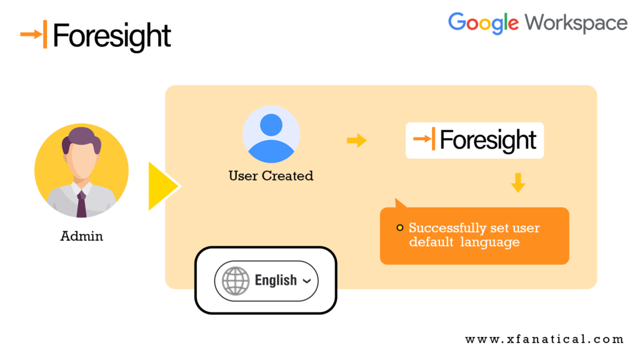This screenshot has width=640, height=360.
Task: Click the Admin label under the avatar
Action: (x=81, y=236)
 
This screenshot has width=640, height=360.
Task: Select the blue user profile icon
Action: (x=271, y=135)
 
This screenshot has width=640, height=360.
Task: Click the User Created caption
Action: (x=271, y=176)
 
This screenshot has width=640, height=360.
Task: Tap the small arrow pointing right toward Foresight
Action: (x=357, y=141)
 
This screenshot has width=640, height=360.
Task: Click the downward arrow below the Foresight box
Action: (x=517, y=182)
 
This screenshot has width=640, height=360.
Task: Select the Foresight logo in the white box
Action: (x=475, y=140)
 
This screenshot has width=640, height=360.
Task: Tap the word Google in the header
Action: (x=483, y=23)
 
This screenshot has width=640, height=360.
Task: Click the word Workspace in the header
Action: (x=576, y=23)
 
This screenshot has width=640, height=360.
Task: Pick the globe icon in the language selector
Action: (x=235, y=281)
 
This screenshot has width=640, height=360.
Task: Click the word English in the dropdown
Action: (x=276, y=280)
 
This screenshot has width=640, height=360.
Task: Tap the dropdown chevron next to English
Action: (x=306, y=281)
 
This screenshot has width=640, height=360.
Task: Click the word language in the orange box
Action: (x=490, y=242)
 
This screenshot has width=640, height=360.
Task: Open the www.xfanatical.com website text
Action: (x=544, y=339)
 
